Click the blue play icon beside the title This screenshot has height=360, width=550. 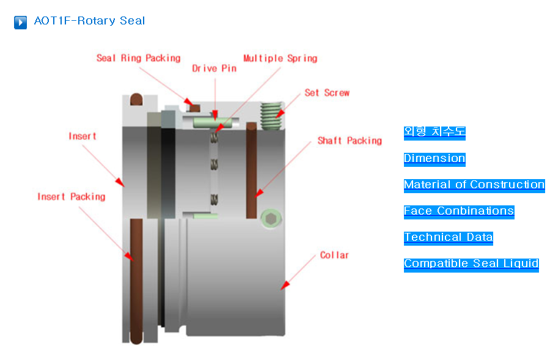(20, 22)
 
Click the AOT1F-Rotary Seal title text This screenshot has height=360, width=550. (89, 21)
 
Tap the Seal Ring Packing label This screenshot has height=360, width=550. (138, 58)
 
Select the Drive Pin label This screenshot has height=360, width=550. (214, 68)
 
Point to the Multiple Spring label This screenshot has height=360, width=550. (280, 58)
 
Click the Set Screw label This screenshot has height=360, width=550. (327, 93)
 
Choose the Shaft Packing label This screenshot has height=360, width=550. (350, 141)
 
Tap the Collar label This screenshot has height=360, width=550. (334, 255)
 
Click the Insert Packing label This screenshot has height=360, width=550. (71, 196)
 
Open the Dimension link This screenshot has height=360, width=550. (435, 158)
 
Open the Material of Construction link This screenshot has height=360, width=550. (474, 185)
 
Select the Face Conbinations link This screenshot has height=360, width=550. (459, 211)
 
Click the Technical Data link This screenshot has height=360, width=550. (448, 237)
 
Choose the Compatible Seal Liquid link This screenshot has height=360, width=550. (471, 263)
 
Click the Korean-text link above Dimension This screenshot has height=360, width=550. (435, 131)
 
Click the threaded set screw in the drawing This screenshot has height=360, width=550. (269, 114)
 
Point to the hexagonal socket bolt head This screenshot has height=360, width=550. (271, 218)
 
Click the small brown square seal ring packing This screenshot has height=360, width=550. (196, 109)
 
